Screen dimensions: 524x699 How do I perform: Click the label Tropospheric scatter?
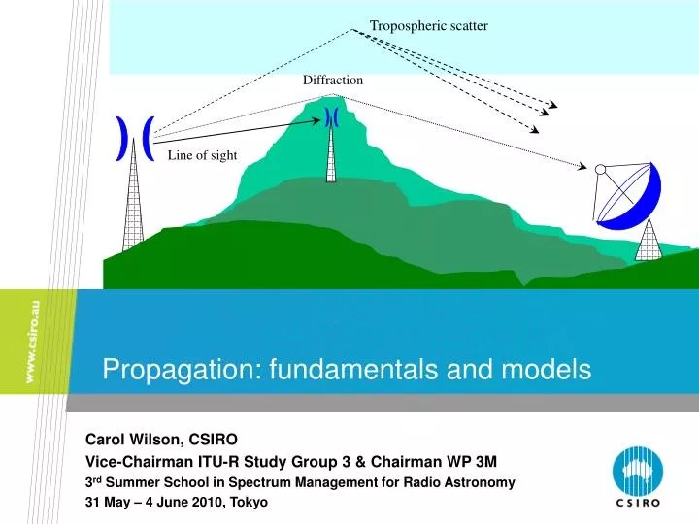(428, 25)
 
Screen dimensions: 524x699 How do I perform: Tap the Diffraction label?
(333, 80)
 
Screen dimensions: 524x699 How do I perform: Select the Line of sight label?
(202, 155)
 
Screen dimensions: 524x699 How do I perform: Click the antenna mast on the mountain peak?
(331, 155)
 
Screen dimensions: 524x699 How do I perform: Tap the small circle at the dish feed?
(600, 170)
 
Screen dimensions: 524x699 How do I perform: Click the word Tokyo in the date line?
(247, 502)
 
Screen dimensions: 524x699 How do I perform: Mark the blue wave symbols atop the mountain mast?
(331, 117)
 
